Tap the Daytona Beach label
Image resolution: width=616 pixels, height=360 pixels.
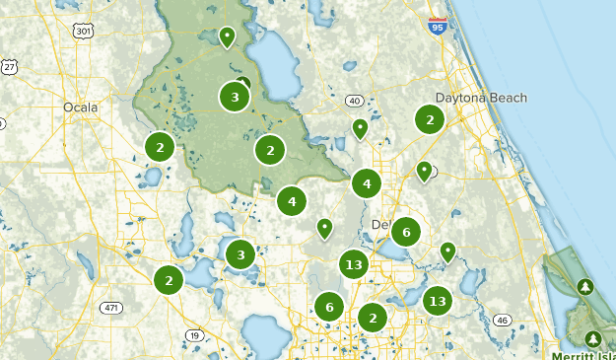481,98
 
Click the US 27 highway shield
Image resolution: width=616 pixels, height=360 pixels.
10,66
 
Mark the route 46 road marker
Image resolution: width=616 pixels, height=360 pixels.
502,320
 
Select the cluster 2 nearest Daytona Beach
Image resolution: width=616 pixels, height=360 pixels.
429,119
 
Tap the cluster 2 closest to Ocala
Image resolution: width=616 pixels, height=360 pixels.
160,147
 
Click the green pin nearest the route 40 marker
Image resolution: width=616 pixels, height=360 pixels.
361,128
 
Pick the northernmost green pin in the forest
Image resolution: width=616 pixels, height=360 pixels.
228,37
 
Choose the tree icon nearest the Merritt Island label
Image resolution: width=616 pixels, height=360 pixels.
593,338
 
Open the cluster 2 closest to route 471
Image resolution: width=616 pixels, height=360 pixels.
169,280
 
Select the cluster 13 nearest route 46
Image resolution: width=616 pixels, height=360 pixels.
438,301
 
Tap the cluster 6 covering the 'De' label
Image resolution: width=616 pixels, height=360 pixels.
405,232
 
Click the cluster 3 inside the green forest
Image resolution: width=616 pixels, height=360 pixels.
235,97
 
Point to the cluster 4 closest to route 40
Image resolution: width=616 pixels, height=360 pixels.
367,182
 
